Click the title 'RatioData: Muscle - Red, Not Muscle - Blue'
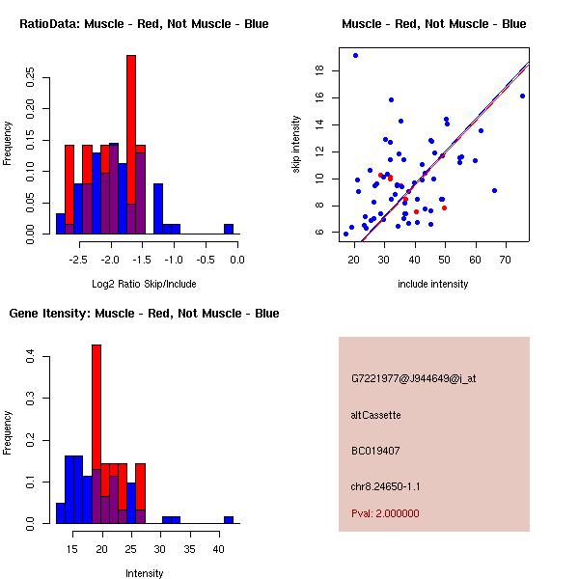click(x=144, y=23)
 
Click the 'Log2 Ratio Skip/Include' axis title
click(x=144, y=287)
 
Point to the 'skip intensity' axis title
click(x=297, y=145)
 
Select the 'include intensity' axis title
click(x=433, y=284)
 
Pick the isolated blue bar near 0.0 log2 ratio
click(x=229, y=229)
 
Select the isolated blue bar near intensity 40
click(x=229, y=519)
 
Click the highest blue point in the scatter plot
click(x=355, y=55)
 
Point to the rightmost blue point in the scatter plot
click(x=522, y=96)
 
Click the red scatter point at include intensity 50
click(x=444, y=207)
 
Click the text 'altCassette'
click(x=375, y=415)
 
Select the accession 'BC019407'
click(x=375, y=451)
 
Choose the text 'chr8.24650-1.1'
click(x=385, y=486)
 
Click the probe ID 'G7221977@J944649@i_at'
click(x=413, y=378)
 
